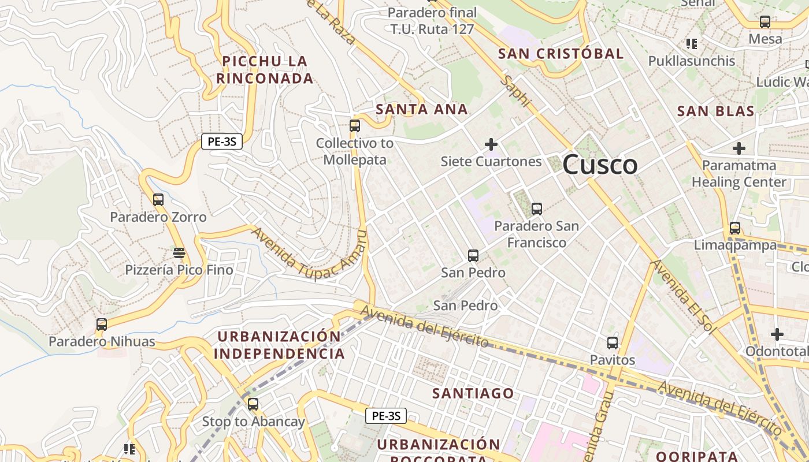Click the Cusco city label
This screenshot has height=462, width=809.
pos(600,165)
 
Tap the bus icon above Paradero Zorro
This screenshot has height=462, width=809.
pos(158,200)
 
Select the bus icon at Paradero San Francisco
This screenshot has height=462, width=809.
pos(537,209)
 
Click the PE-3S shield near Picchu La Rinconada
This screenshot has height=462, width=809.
pos(222,141)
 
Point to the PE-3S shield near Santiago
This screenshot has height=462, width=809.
pos(386,415)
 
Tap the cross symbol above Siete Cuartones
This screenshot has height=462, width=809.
pos(491,144)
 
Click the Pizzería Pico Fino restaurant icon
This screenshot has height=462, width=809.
pos(179,253)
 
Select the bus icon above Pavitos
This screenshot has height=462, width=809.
pos(613,343)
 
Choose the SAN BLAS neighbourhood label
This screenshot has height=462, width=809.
pos(715,111)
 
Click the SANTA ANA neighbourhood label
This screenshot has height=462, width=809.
pos(421,110)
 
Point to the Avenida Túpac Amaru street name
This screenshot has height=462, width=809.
pos(309,254)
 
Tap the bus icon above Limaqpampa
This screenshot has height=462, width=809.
pos(735,228)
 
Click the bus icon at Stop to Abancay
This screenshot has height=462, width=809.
pos(253,404)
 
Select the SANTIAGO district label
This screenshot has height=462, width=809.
pos(473,394)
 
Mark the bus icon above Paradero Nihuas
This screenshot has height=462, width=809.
pos(102,325)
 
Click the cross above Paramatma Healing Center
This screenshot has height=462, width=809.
pos(739,148)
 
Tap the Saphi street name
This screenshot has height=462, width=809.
pos(516,91)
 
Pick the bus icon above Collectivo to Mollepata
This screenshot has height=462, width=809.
pos(355,126)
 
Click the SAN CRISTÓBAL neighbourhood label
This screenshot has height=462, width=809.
pos(561,54)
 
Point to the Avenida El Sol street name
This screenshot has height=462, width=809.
pos(682,296)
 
